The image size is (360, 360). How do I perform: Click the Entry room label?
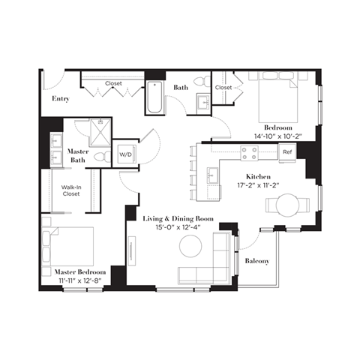(x=61, y=98)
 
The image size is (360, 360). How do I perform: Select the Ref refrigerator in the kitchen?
(x=286, y=152)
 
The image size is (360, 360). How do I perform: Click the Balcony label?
(x=258, y=260)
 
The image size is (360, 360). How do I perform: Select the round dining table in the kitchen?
(x=288, y=204)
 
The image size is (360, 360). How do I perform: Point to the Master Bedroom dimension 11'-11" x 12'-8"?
(x=79, y=280)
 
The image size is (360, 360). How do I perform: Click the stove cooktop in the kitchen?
(x=248, y=153)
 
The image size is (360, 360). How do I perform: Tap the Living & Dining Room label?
(x=178, y=218)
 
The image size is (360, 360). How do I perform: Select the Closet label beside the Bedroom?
(x=223, y=88)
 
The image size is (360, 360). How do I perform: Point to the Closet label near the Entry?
(x=113, y=83)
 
